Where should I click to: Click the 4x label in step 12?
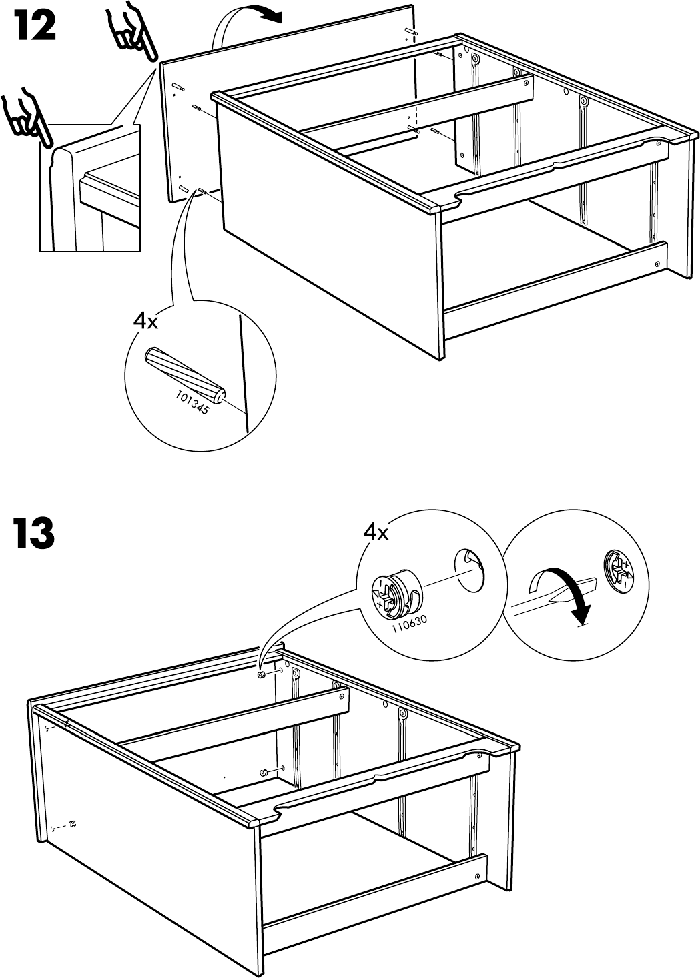click(145, 322)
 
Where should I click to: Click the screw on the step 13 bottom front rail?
click(478, 876)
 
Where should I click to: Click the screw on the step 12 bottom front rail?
click(658, 263)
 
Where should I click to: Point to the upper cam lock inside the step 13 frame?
click(262, 675)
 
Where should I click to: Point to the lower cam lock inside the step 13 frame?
click(265, 773)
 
